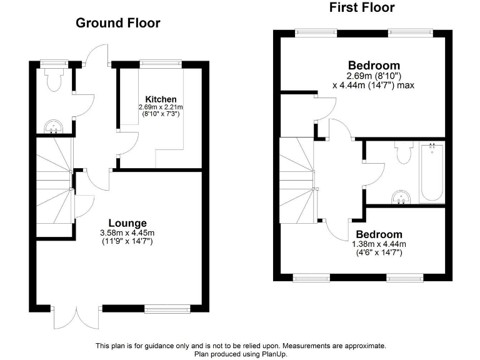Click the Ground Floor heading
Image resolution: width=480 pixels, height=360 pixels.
[118, 23]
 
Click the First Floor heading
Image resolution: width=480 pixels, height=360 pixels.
[362, 7]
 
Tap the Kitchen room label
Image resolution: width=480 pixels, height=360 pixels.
[161, 99]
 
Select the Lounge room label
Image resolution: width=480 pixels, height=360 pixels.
[127, 223]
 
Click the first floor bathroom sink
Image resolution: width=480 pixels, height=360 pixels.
[401, 197]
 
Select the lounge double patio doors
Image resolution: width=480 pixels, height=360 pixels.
[76, 317]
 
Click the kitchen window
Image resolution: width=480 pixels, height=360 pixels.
[160, 62]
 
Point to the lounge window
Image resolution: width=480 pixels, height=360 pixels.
[167, 307]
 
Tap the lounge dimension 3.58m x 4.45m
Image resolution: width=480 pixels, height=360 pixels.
[127, 233]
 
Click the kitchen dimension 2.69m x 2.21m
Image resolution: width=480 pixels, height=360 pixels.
[161, 107]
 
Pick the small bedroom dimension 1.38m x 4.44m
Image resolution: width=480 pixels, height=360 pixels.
[379, 244]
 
